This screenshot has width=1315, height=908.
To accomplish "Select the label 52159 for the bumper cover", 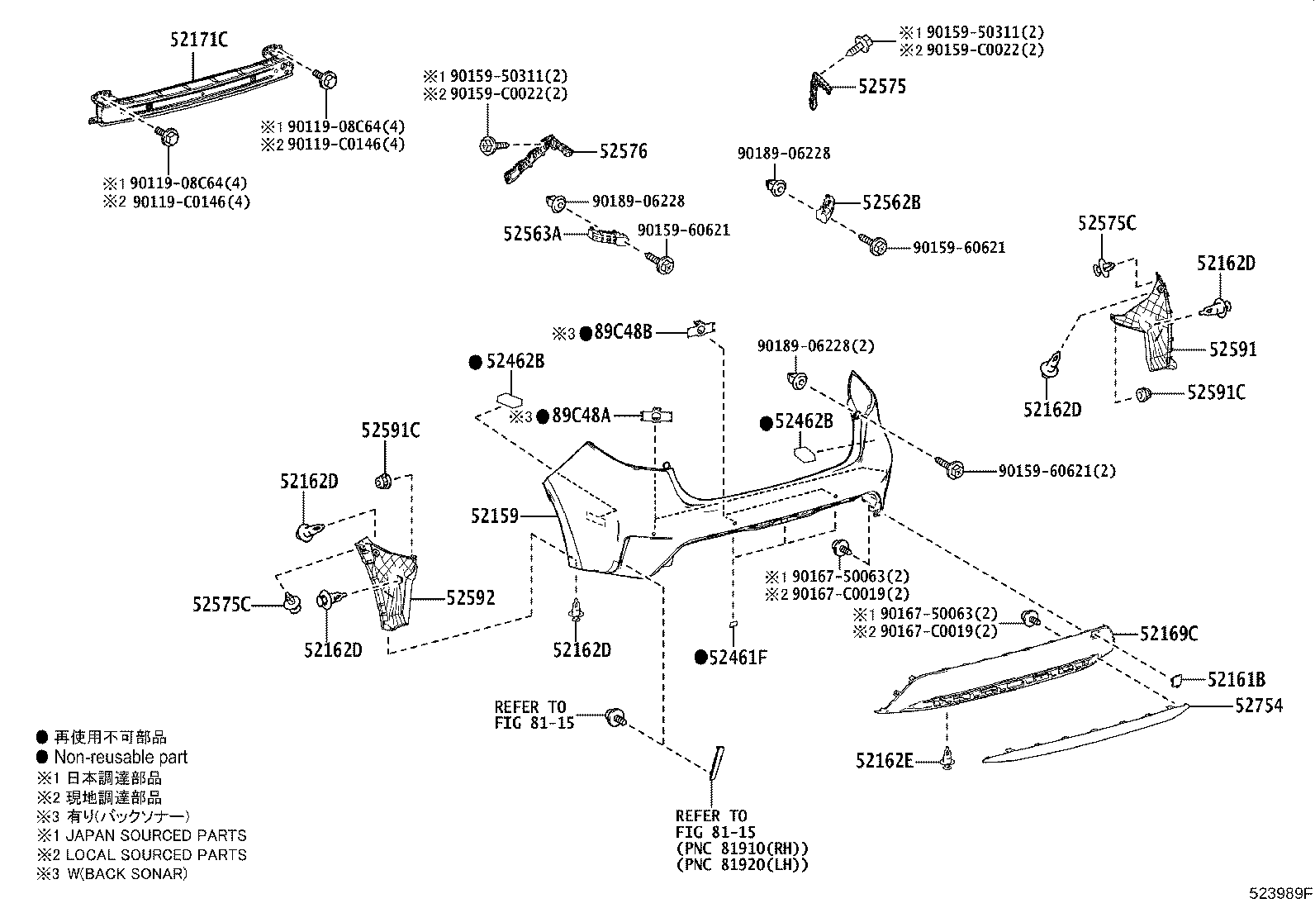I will (495, 516).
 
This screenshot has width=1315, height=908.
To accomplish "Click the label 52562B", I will (891, 202).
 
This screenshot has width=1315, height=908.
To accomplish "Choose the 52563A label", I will (532, 234).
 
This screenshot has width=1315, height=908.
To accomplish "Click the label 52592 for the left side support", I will (471, 597).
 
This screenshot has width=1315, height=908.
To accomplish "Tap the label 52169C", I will (1168, 634).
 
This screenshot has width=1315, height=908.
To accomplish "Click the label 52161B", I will (1236, 680).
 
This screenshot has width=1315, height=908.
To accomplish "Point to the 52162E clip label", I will (884, 761).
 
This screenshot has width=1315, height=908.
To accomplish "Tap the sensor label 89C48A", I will (581, 416).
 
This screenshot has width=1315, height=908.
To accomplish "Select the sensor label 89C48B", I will (623, 332).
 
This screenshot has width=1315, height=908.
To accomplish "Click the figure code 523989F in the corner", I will (1279, 893).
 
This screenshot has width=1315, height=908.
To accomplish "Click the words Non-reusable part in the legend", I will (121, 757).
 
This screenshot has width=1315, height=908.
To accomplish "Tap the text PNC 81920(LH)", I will (742, 865).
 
